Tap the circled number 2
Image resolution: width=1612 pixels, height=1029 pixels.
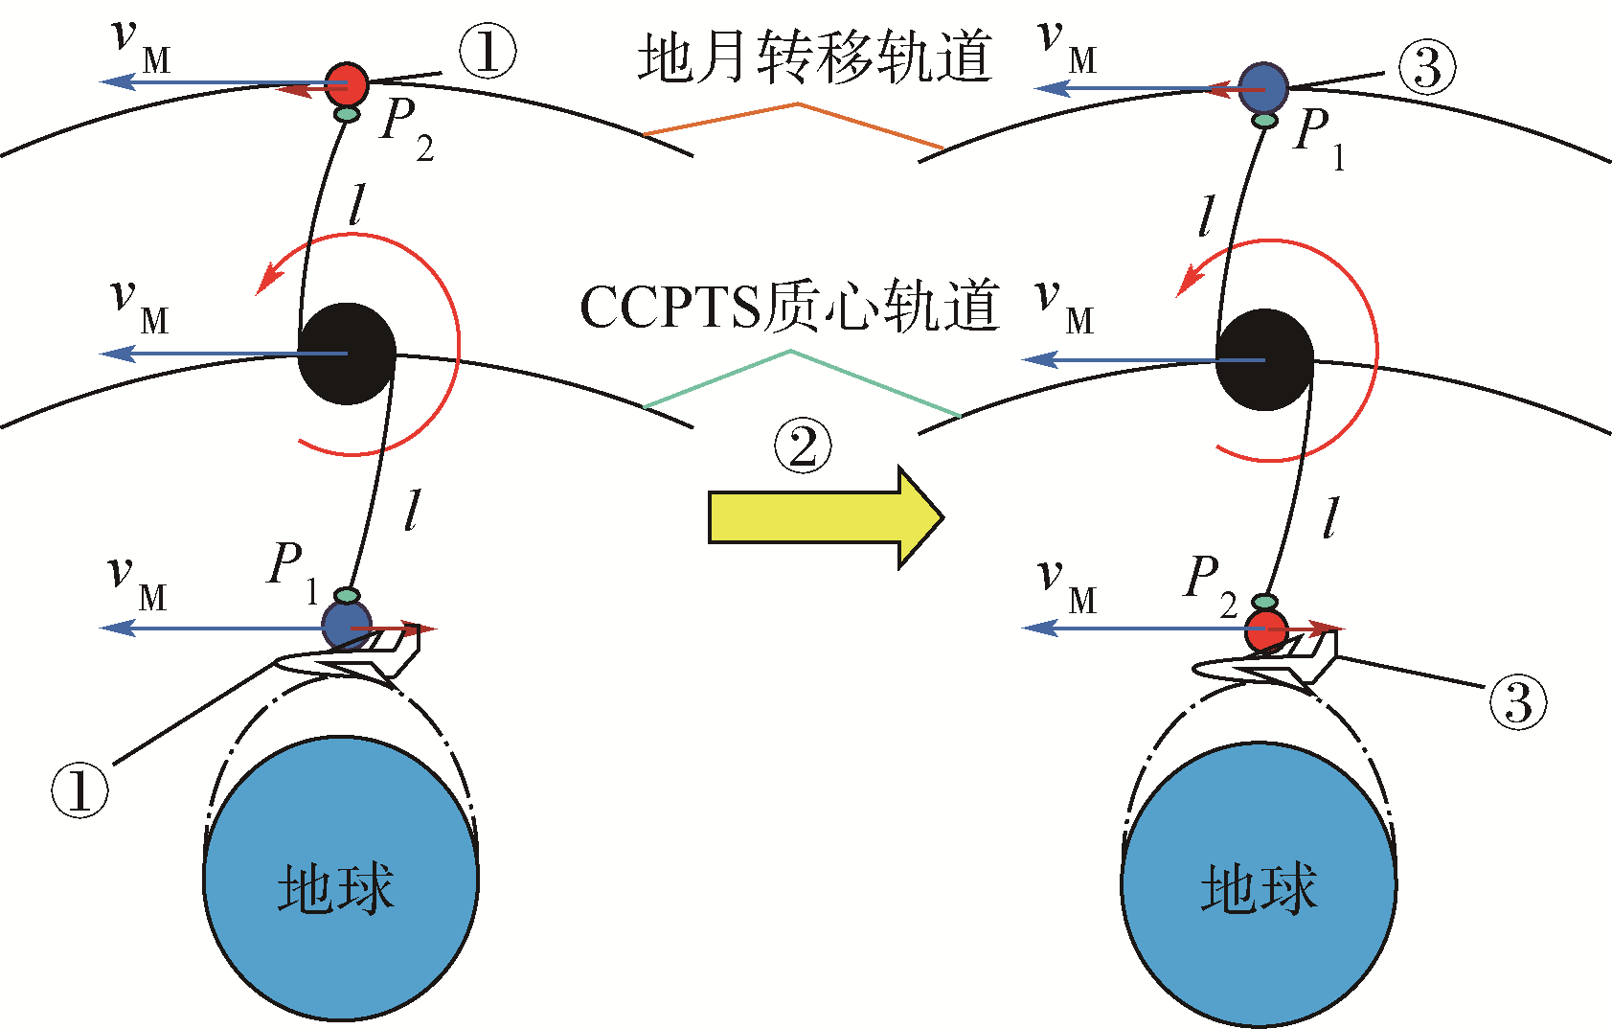[803, 447]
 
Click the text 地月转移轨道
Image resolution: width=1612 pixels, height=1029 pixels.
[814, 57]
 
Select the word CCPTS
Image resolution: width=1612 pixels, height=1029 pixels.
[670, 308]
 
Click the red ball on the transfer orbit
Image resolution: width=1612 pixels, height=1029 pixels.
[347, 84]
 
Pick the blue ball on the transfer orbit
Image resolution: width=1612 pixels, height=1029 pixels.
[1264, 88]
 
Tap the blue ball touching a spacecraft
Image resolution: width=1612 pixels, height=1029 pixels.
[345, 625]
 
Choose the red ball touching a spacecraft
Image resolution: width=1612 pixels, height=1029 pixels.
[1266, 632]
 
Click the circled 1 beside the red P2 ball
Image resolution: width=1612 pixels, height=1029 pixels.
[487, 52]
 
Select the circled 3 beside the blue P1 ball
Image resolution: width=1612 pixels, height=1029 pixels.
[1426, 68]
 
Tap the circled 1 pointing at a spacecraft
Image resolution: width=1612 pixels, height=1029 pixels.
[79, 790]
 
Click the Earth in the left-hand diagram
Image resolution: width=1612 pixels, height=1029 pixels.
[340, 877]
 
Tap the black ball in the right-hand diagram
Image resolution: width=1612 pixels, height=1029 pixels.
[1264, 360]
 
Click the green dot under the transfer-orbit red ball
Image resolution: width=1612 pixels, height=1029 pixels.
[348, 115]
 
